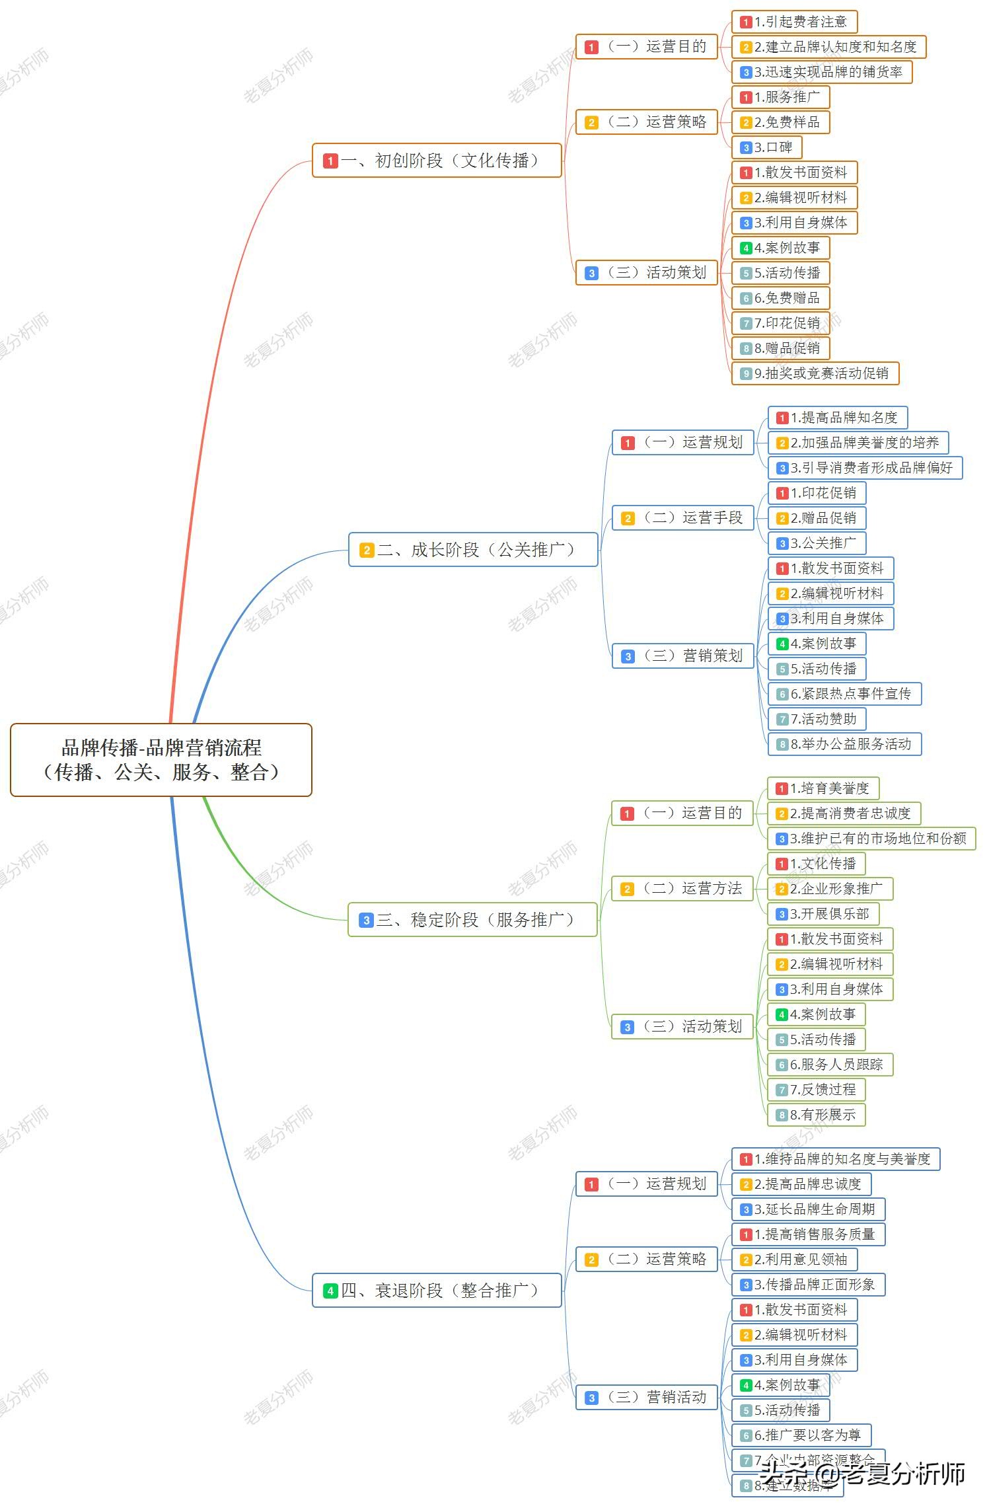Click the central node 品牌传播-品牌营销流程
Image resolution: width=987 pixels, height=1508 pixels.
pos(161,759)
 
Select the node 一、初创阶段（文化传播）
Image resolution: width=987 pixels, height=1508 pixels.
pos(437,161)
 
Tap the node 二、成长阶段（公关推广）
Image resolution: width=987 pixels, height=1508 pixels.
pos(473,550)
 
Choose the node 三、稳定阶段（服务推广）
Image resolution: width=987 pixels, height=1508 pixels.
pos(472,920)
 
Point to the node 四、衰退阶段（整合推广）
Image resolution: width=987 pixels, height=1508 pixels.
pos(437,1291)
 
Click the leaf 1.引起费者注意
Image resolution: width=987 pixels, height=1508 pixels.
pos(794,22)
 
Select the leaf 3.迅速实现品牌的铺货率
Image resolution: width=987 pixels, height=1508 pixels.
pos(822,72)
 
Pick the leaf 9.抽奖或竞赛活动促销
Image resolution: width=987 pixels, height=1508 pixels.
pos(815,373)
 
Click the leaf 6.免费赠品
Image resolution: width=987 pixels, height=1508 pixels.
pos(780,298)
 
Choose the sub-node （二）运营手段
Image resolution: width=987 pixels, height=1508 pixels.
pos(683,518)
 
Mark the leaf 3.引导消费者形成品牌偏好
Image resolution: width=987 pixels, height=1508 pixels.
pos(865,468)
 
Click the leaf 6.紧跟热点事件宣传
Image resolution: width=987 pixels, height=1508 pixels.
pos(844,694)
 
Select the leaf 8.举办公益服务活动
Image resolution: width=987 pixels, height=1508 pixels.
pos(844,744)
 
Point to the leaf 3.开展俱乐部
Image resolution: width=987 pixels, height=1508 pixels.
pos(823,914)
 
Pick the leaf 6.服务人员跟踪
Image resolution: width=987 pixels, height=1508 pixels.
pos(830,1065)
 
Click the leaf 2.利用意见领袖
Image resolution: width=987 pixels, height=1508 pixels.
pos(794,1260)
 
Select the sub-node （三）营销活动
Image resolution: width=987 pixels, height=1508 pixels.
pos(647,1397)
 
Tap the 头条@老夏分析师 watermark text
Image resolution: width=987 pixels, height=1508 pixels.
pos(861,1474)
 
